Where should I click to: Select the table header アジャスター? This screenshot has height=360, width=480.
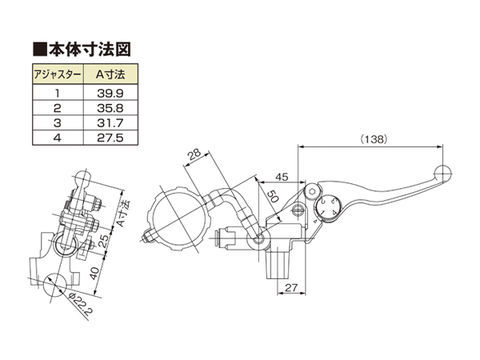(x=57, y=75)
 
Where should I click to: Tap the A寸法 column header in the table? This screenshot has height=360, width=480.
(x=110, y=75)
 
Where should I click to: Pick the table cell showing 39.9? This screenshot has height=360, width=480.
(x=110, y=93)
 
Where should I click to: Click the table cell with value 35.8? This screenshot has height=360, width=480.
(x=110, y=108)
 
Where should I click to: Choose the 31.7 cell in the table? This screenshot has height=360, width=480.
(x=110, y=123)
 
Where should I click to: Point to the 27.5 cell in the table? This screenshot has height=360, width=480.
(x=110, y=138)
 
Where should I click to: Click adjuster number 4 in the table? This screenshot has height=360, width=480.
(x=57, y=138)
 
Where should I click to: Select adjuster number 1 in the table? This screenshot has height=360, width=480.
(x=57, y=93)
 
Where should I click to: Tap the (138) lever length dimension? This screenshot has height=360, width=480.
(x=374, y=139)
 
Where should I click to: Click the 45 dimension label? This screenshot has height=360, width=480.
(x=281, y=177)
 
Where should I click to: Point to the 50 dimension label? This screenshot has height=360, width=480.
(x=273, y=196)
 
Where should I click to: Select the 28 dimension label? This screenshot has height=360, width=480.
(x=194, y=154)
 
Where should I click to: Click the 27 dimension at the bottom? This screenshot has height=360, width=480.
(x=291, y=288)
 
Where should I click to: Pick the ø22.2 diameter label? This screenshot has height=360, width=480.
(x=80, y=305)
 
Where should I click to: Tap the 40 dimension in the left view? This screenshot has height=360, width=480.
(x=95, y=273)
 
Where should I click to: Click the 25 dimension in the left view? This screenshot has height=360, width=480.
(x=104, y=241)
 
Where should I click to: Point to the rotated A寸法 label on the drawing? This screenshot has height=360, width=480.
(x=124, y=213)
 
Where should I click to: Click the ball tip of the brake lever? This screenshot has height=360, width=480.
(x=443, y=173)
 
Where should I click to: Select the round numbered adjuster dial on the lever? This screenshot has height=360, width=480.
(x=327, y=207)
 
